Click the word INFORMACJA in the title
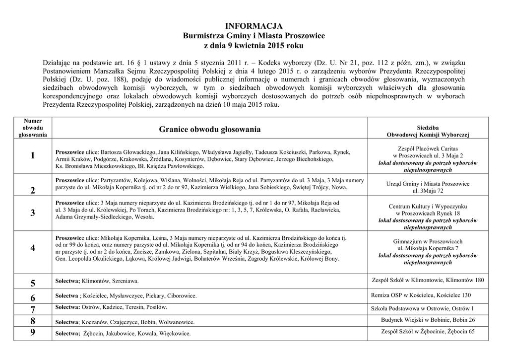click(x=254, y=26)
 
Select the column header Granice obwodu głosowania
click(x=210, y=130)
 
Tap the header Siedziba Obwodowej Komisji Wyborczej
click(x=428, y=131)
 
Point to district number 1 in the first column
click(x=33, y=155)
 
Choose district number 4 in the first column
click(x=33, y=248)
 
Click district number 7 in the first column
click(x=33, y=309)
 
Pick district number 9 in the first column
click(x=33, y=333)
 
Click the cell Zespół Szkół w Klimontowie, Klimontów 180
click(x=428, y=280)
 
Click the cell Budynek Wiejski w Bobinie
click(x=428, y=320)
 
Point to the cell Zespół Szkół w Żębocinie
click(x=428, y=332)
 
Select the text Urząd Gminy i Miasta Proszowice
click(x=428, y=184)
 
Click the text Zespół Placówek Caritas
click(x=428, y=148)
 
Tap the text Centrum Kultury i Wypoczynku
click(x=428, y=206)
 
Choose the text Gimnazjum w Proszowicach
click(x=428, y=241)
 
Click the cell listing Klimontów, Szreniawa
click(x=97, y=281)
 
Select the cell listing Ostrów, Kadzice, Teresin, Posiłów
click(x=108, y=308)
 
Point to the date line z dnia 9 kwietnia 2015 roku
click(x=254, y=46)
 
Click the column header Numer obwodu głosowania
click(x=33, y=128)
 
